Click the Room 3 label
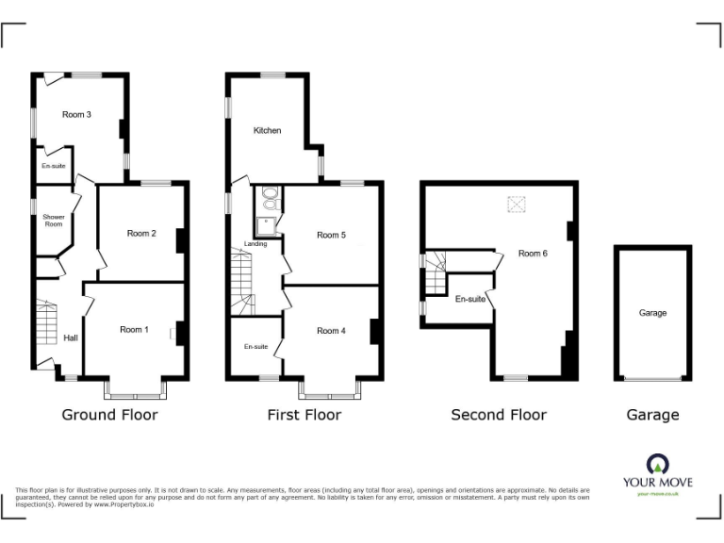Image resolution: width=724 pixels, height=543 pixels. pos(76,115)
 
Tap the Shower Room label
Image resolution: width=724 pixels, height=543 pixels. pos(54,221)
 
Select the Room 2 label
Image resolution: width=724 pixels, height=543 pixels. pos(140,233)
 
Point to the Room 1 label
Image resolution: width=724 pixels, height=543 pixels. pos(134,330)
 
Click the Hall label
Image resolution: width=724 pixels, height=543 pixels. pos(71,337)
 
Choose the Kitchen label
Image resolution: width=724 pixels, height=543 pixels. pos(267,130)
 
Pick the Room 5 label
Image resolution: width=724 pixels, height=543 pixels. pos(331,235)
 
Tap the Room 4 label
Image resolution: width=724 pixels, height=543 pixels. pos(331,331)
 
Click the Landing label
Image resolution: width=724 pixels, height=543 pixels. pos(255,244)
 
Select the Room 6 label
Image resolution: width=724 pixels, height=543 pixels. pos(533,253)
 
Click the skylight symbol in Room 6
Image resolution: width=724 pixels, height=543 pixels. pos(517,204)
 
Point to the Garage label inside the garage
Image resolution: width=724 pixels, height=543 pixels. pos(652,313)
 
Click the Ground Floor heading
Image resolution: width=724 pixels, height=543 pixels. pos(109,415)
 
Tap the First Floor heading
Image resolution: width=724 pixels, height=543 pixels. pos(304,415)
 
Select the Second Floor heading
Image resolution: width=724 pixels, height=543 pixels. pos(498,415)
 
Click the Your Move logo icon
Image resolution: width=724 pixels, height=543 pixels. pos(657,464)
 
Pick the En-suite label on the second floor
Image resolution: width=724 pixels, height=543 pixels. pos(469,299)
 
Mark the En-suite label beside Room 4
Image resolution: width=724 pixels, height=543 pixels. pos(255,347)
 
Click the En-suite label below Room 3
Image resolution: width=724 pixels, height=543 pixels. pos(53,166)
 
